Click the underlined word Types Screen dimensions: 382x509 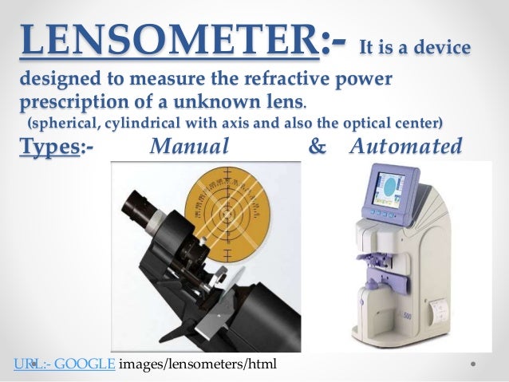[47, 148]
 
